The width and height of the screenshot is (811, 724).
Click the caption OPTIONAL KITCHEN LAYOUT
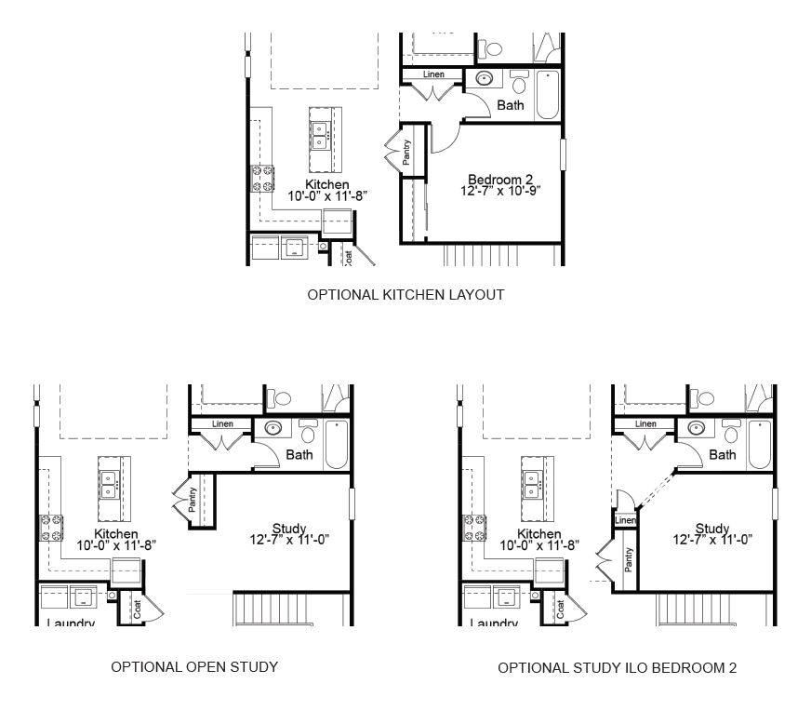(x=405, y=295)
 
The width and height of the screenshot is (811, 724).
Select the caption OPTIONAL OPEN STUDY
(x=194, y=667)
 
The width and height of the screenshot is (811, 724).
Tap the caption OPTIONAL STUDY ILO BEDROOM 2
(x=617, y=668)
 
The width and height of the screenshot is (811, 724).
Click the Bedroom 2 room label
(x=500, y=179)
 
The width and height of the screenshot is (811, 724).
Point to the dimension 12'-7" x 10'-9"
(x=500, y=191)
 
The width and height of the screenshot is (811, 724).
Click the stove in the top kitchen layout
(x=262, y=178)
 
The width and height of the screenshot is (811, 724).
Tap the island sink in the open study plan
(x=109, y=484)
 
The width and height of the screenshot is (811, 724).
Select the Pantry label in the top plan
(x=406, y=152)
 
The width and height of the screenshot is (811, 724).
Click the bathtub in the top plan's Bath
(x=547, y=95)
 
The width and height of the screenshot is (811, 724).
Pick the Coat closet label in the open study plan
(x=137, y=610)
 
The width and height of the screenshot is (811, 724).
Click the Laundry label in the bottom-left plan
(x=71, y=623)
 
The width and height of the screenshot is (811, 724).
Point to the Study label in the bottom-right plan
(x=712, y=529)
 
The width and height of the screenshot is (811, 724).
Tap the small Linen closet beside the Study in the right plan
(x=625, y=520)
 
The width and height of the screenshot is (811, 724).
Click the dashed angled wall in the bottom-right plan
(x=656, y=490)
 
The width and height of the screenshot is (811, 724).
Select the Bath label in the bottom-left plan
(x=299, y=455)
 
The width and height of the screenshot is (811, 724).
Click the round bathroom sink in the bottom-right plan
(x=697, y=428)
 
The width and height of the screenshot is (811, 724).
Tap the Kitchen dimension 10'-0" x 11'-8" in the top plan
(x=327, y=196)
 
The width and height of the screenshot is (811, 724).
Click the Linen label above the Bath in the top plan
(x=433, y=74)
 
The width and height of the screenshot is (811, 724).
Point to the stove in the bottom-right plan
(x=474, y=528)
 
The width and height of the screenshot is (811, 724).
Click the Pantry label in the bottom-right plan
(x=628, y=560)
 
